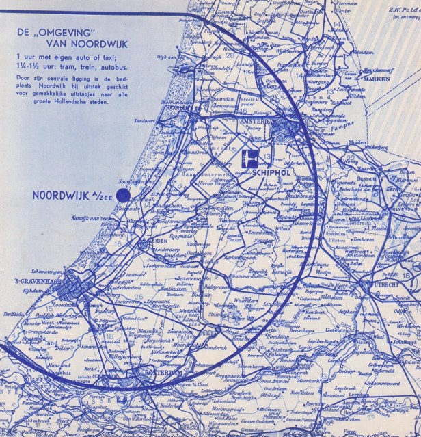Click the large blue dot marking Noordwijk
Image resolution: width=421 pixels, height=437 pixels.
124,196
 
